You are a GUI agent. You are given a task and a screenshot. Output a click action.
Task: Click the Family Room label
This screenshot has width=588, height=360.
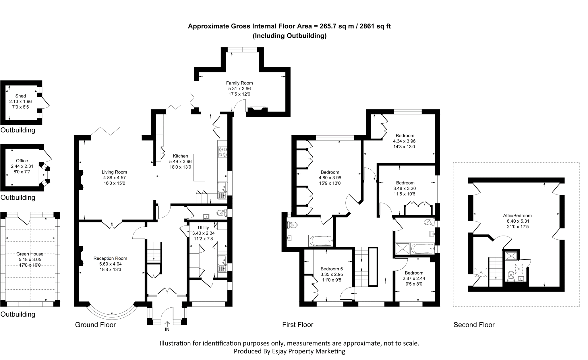(239, 83)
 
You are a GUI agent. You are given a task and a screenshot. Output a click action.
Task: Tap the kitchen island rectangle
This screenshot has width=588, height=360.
(199, 168)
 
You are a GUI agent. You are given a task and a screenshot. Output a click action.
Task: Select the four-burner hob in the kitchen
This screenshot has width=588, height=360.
(223, 152)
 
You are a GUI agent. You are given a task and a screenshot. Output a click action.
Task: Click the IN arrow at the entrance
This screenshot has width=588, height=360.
(167, 325)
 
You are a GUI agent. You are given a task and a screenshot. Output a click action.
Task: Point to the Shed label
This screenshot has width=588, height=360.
(21, 96)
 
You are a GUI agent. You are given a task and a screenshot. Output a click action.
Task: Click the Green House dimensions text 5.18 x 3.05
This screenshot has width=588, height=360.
(30, 259)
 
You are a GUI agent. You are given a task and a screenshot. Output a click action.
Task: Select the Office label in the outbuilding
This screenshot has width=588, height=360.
(22, 161)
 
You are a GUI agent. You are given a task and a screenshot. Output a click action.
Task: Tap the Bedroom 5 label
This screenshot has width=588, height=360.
(331, 269)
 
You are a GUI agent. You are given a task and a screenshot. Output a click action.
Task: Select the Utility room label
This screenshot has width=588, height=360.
(203, 228)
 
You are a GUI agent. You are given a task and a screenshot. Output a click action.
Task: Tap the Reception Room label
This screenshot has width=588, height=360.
(110, 259)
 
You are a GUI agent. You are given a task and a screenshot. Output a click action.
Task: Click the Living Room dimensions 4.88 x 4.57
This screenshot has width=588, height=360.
(114, 178)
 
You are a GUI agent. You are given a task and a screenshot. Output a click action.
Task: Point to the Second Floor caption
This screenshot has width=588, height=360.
(474, 325)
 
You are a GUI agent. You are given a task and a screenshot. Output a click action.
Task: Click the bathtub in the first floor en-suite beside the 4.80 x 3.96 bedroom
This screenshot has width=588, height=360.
(321, 241)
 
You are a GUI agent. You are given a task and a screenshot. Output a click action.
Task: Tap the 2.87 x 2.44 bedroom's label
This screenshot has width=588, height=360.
(414, 273)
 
